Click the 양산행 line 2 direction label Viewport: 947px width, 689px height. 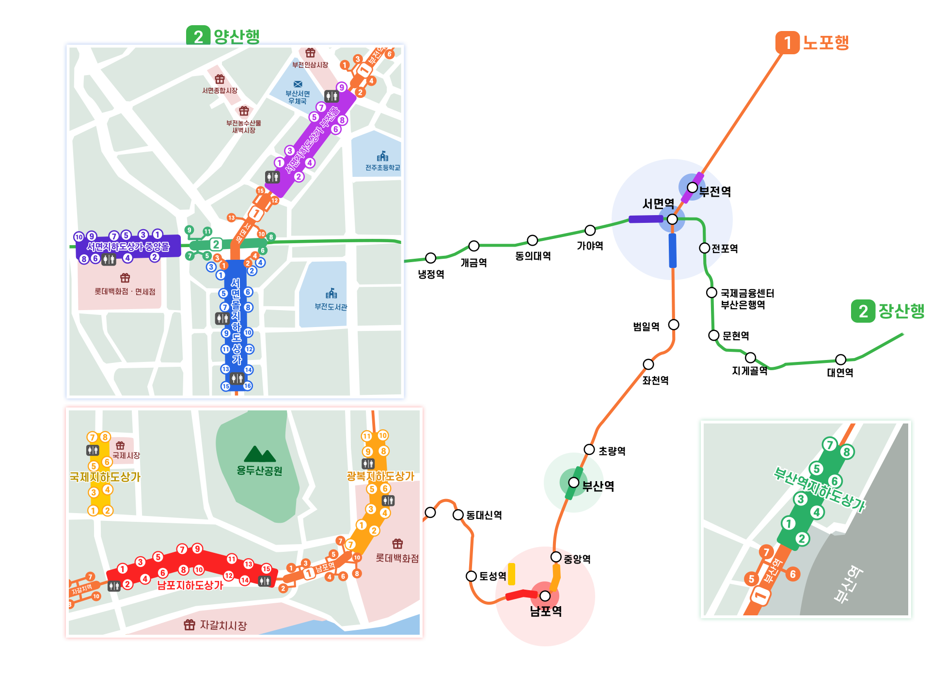(236, 36)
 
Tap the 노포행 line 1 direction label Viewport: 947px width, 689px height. (825, 43)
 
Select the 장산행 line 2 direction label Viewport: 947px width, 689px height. (901, 311)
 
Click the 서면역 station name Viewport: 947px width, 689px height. (658, 204)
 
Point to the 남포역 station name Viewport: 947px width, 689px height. (546, 611)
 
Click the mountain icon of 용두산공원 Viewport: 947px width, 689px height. (260, 454)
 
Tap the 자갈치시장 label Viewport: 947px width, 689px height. (223, 625)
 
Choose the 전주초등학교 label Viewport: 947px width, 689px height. (382, 168)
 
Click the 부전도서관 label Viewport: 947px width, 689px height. (331, 307)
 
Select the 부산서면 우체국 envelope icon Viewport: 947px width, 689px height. (298, 84)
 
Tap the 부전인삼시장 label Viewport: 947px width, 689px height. (310, 65)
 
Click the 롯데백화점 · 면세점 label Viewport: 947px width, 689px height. (125, 291)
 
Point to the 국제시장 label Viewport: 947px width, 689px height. (126, 455)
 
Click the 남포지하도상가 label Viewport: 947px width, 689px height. (190, 585)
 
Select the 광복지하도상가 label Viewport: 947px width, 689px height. (380, 476)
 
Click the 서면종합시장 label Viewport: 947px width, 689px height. (220, 91)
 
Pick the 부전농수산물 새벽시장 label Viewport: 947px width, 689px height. (243, 126)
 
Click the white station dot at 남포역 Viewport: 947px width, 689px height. (545, 595)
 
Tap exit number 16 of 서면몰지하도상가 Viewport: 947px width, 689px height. (248, 386)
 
